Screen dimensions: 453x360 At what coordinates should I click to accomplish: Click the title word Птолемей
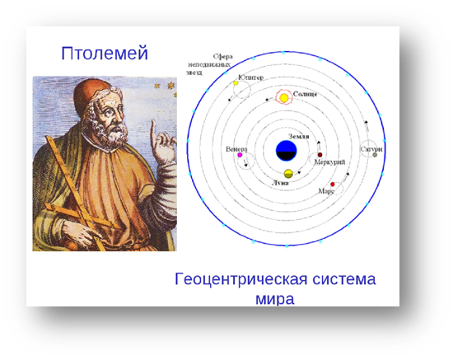tap(105, 54)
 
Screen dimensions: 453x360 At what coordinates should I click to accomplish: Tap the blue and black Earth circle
tap(287, 151)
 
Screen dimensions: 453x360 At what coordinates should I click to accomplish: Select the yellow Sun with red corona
tap(284, 98)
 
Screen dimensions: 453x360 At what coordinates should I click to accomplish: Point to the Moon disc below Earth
tap(288, 174)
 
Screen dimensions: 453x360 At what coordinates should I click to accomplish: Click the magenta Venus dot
tap(240, 155)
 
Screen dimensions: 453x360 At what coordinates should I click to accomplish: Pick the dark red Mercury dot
tap(320, 155)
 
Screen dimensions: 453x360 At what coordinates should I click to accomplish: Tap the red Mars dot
tap(333, 185)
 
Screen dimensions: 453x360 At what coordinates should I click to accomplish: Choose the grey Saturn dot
tap(375, 155)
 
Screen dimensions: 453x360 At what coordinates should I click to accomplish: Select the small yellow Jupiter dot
tap(236, 83)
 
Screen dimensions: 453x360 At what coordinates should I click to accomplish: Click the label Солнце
tap(305, 94)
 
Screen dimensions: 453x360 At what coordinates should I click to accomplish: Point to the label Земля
tap(299, 137)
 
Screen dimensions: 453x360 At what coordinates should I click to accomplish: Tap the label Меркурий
tap(329, 162)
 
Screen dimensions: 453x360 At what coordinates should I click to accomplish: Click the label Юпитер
tap(250, 77)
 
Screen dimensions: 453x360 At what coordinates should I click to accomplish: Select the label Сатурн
tap(371, 149)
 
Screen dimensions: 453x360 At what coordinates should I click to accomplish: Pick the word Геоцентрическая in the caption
tap(241, 279)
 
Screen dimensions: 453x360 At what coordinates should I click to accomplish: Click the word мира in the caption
tap(275, 299)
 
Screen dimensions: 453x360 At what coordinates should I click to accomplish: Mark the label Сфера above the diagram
tap(222, 57)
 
